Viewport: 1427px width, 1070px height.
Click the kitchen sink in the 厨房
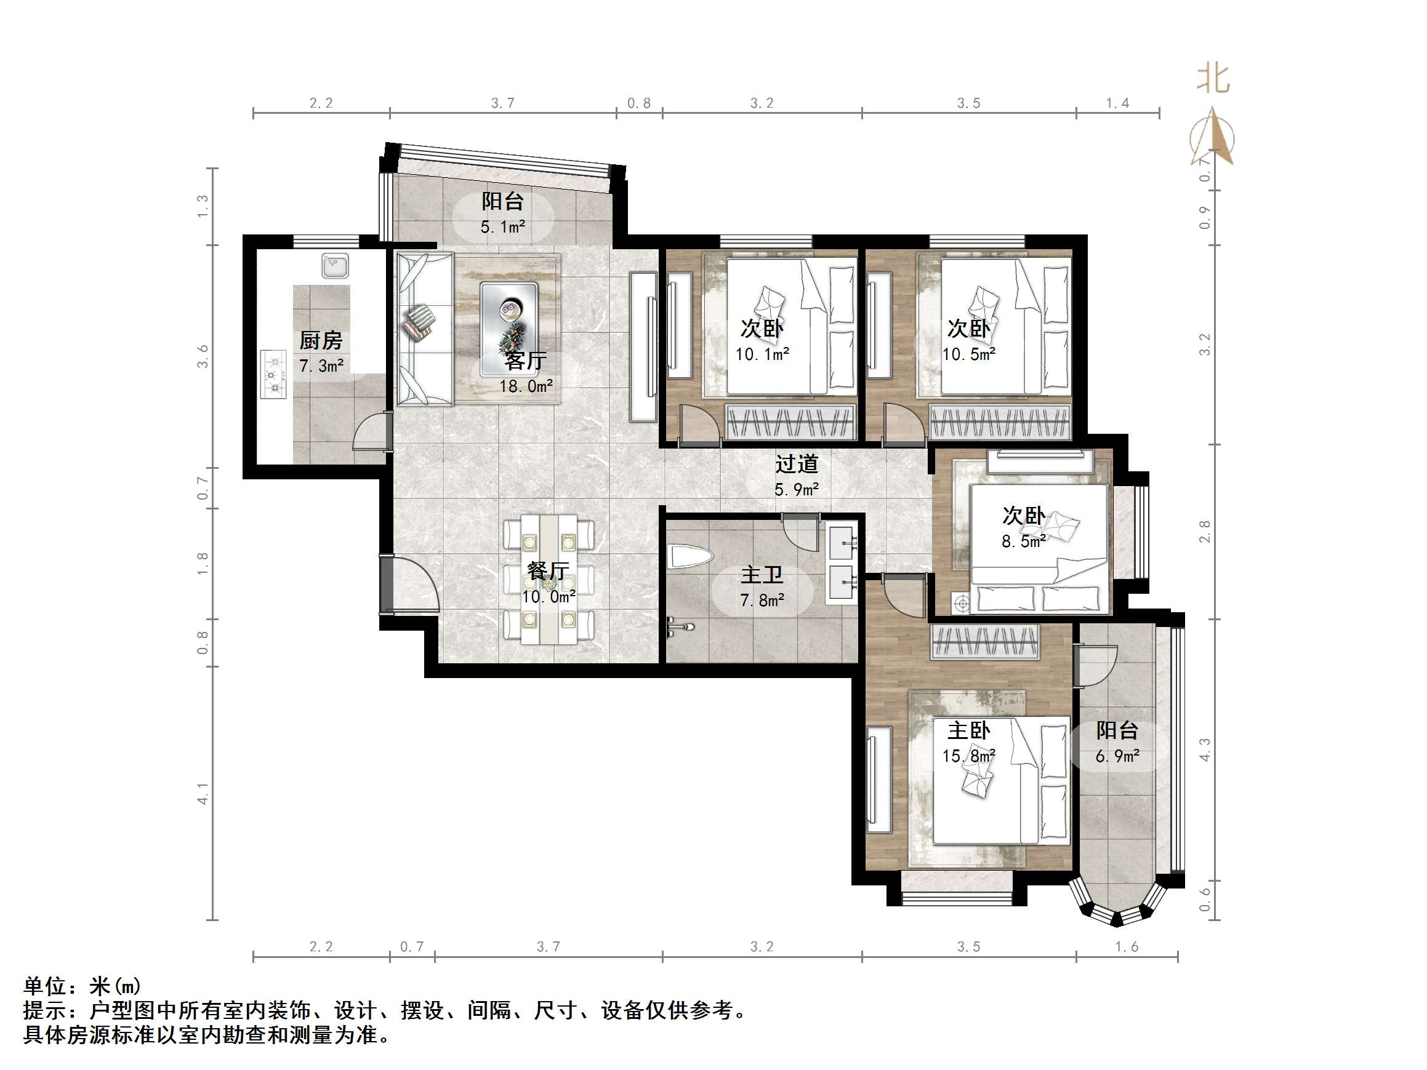335,265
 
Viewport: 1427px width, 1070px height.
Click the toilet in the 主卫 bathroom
689,557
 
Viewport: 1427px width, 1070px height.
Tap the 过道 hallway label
797,464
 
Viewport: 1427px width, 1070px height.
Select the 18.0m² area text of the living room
526,386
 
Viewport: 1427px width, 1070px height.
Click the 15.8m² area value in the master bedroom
968,755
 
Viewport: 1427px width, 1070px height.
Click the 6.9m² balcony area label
1117,755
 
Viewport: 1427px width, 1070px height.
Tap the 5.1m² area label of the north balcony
502,227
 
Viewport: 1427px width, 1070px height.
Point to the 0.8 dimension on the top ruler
638,103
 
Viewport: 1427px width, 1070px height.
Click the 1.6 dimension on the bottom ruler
1127,947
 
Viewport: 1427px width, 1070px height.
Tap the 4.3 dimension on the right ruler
1204,750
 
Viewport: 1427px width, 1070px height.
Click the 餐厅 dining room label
548,570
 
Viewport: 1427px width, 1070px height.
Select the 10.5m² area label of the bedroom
968,354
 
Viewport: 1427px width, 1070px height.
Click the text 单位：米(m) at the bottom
82,986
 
